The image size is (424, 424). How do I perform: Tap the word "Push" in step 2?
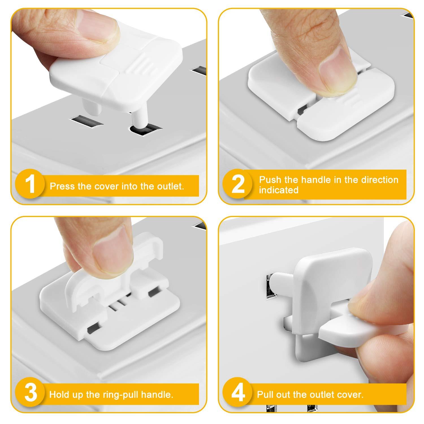(x=270, y=180)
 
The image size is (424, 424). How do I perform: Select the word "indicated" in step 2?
(x=279, y=190)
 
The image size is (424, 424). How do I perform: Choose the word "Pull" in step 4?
(x=266, y=395)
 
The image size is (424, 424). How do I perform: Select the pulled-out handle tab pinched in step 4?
(x=339, y=334)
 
